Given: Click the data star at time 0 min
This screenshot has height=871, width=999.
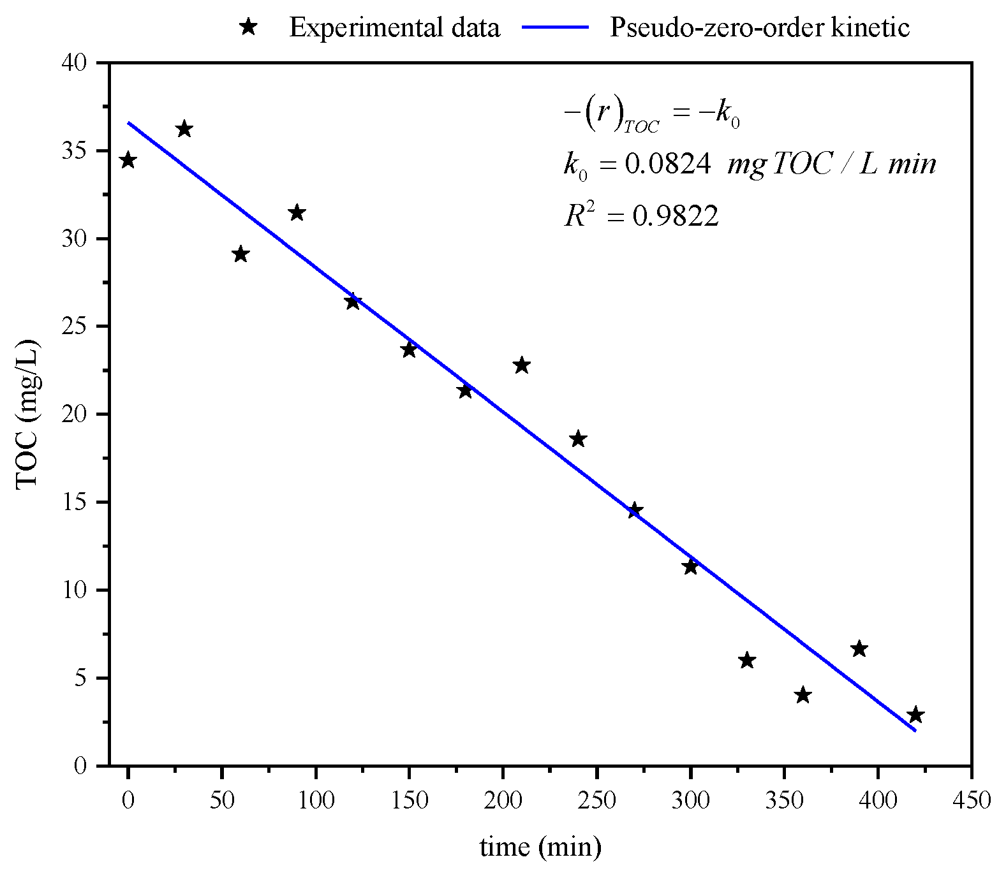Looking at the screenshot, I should pyautogui.click(x=128, y=160).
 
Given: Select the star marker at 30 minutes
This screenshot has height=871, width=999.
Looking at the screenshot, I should pyautogui.click(x=184, y=129).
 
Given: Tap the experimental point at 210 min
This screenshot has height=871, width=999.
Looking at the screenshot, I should pyautogui.click(x=521, y=365).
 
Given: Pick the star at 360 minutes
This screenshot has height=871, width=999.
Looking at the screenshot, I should pyautogui.click(x=803, y=695).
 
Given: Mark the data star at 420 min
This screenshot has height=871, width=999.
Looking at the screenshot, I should pyautogui.click(x=915, y=715).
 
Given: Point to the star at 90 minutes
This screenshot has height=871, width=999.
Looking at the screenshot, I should pyautogui.click(x=296, y=213).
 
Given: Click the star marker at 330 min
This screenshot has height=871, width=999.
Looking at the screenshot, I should pyautogui.click(x=746, y=661).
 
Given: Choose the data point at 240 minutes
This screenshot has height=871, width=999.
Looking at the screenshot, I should pyautogui.click(x=577, y=439).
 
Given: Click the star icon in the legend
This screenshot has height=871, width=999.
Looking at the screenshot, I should pyautogui.click(x=248, y=27).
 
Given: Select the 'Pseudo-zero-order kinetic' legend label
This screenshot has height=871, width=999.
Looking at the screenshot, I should pyautogui.click(x=759, y=28).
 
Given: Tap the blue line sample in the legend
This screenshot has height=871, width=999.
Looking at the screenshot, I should pyautogui.click(x=554, y=27).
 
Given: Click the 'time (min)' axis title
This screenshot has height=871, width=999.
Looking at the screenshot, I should pyautogui.click(x=540, y=847).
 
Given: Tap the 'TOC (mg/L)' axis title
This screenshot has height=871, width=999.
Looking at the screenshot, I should pyautogui.click(x=27, y=414).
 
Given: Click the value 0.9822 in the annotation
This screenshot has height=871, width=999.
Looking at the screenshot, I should pyautogui.click(x=676, y=217).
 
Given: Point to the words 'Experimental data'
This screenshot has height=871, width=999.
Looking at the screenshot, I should pyautogui.click(x=394, y=28).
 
